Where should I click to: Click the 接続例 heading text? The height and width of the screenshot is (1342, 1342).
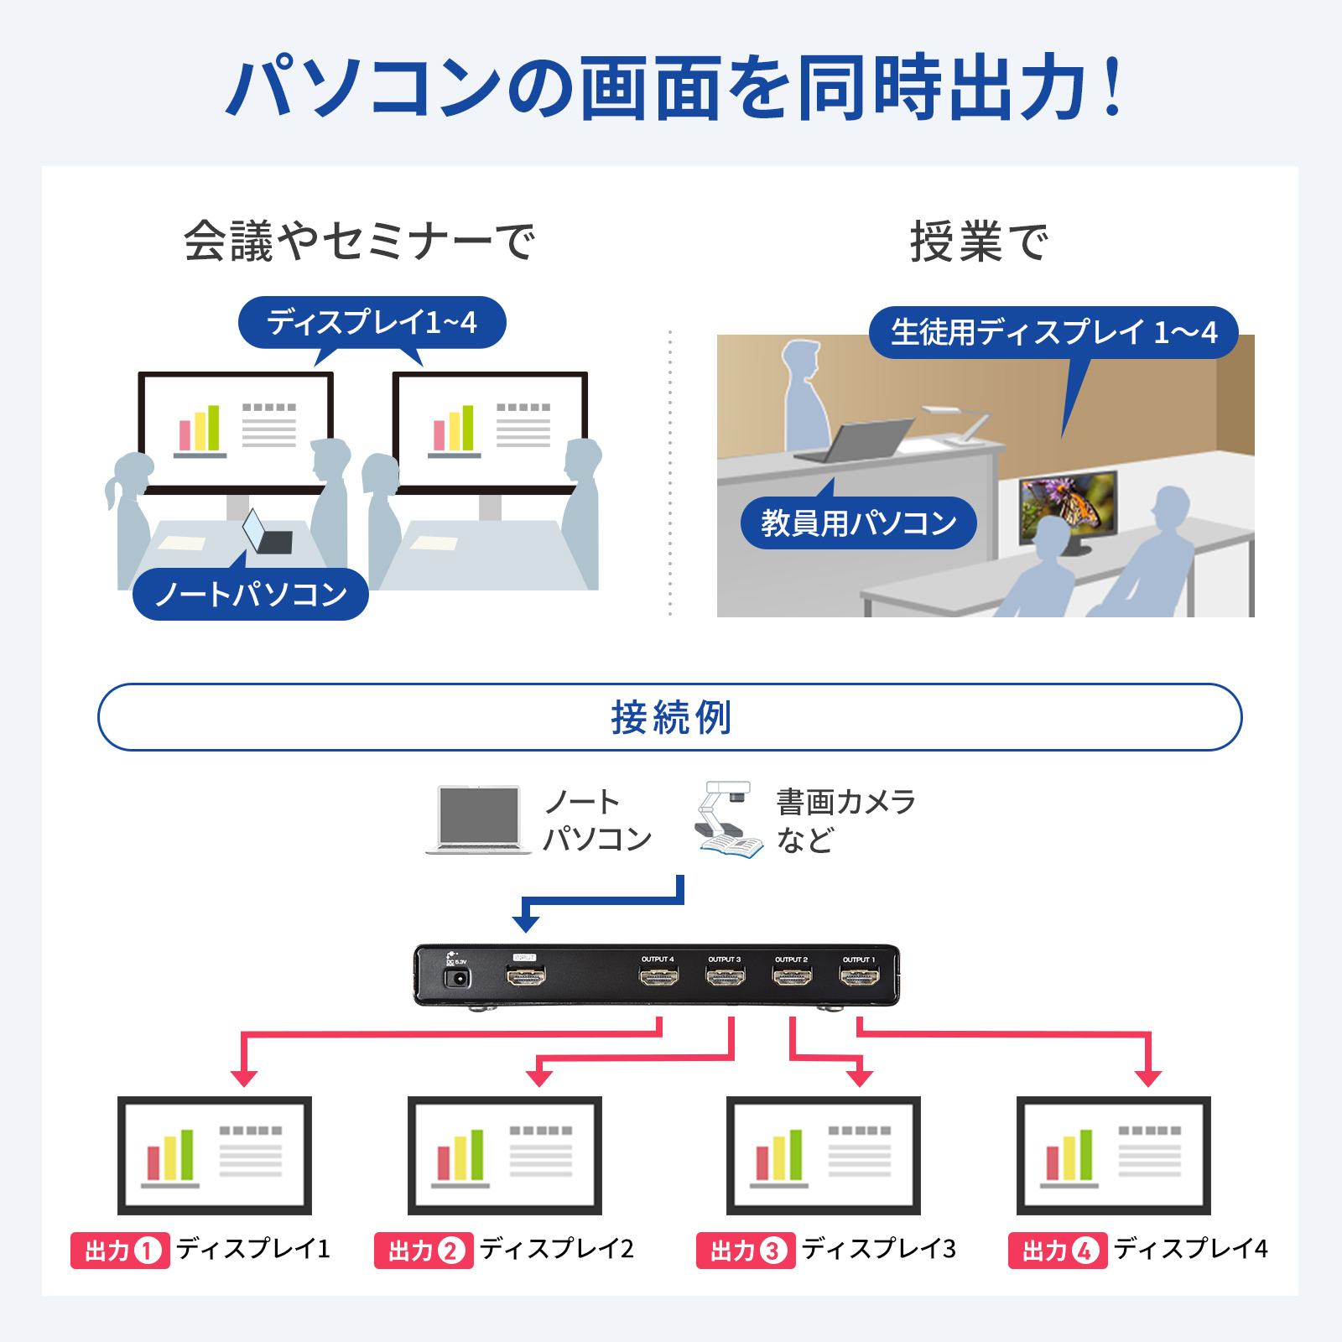(671, 718)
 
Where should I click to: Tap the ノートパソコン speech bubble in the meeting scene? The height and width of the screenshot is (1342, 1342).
(251, 595)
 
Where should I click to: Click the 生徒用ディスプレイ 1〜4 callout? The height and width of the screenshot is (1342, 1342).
(1053, 333)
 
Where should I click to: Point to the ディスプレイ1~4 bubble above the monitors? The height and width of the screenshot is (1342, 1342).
(372, 322)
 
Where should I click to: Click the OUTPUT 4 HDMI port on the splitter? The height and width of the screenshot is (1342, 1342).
(658, 976)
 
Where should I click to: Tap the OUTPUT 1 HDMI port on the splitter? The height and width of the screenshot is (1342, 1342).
(860, 976)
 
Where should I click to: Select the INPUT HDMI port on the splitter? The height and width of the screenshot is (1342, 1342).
(525, 975)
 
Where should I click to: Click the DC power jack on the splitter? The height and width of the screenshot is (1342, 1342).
(457, 978)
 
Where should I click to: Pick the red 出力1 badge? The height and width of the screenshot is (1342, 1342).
(121, 1251)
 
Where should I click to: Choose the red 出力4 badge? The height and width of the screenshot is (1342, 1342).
(1058, 1251)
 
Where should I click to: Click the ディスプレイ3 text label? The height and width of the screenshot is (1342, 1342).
(878, 1249)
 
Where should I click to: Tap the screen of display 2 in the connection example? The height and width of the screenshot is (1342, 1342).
(505, 1155)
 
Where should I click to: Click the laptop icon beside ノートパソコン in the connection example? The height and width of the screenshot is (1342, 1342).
(479, 819)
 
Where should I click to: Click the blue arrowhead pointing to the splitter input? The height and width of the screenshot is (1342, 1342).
(526, 923)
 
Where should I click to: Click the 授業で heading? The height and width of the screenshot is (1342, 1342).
(979, 242)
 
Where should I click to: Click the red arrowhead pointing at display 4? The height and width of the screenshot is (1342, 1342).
(1147, 1078)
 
